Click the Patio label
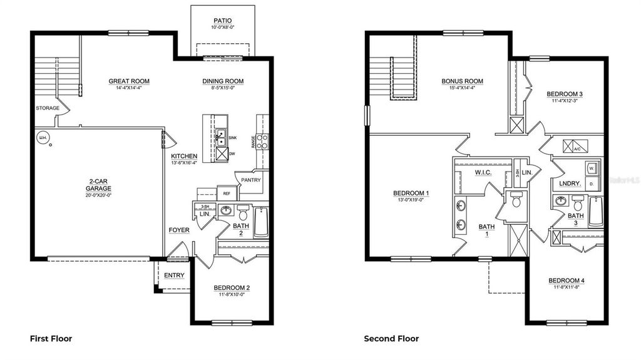pyautogui.click(x=223, y=20)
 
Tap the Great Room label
pyautogui.click(x=129, y=81)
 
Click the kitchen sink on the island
pyautogui.click(x=220, y=136)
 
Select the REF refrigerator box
pyautogui.click(x=226, y=193)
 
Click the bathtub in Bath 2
pyautogui.click(x=261, y=222)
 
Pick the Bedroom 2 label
pyautogui.click(x=232, y=288)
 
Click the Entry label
pyautogui.click(x=174, y=275)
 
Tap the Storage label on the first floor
pyautogui.click(x=48, y=108)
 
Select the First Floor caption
pyautogui.click(x=51, y=339)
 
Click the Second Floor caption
pyautogui.click(x=391, y=339)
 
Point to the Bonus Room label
pyautogui.click(x=462, y=81)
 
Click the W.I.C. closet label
pyautogui.click(x=482, y=172)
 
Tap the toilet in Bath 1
pyautogui.click(x=516, y=200)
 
